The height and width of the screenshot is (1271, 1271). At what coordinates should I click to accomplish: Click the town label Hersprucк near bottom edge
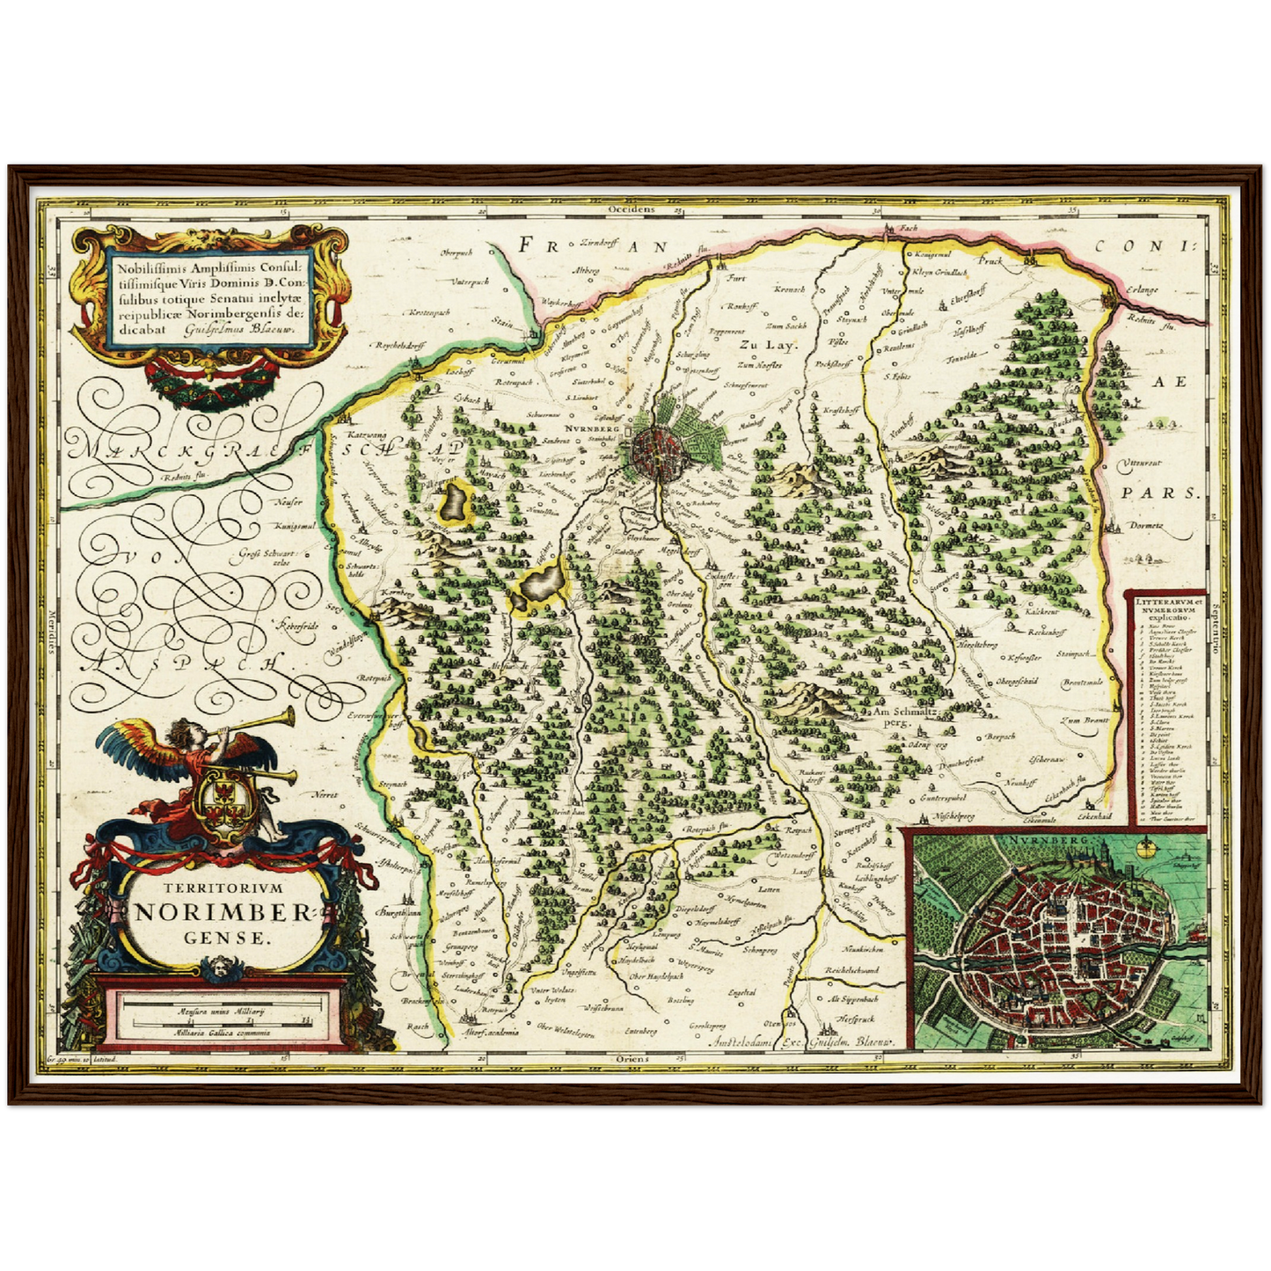click(852, 1018)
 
